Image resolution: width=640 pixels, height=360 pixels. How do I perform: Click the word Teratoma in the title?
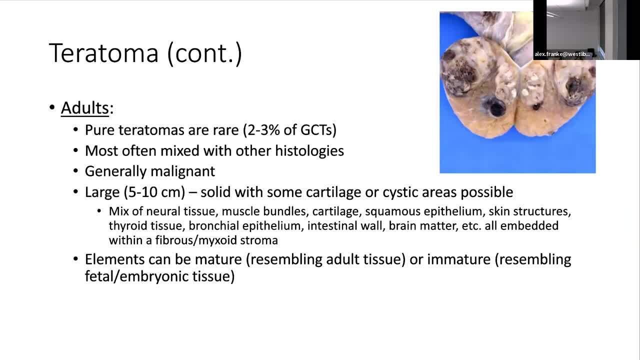(103, 53)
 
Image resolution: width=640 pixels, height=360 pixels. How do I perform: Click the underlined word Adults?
(85, 108)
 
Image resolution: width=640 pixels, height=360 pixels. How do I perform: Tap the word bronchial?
(213, 226)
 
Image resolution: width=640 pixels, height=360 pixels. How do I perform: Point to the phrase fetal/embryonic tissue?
(159, 276)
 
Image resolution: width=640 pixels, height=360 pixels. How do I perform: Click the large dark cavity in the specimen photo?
(495, 106)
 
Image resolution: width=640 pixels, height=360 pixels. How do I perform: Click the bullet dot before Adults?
(52, 108)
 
